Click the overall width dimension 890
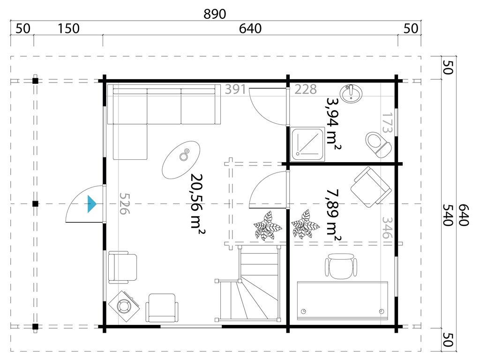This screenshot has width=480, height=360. click(x=215, y=14)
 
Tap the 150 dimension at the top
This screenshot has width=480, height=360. click(x=68, y=29)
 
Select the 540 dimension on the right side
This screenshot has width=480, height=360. click(x=447, y=215)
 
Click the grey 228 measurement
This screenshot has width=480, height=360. click(x=306, y=89)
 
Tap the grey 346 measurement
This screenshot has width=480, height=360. click(x=387, y=227)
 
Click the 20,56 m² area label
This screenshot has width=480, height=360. click(x=198, y=201)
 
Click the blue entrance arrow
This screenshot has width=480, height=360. click(x=92, y=204)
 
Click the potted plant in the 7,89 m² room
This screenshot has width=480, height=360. click(x=306, y=224)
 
